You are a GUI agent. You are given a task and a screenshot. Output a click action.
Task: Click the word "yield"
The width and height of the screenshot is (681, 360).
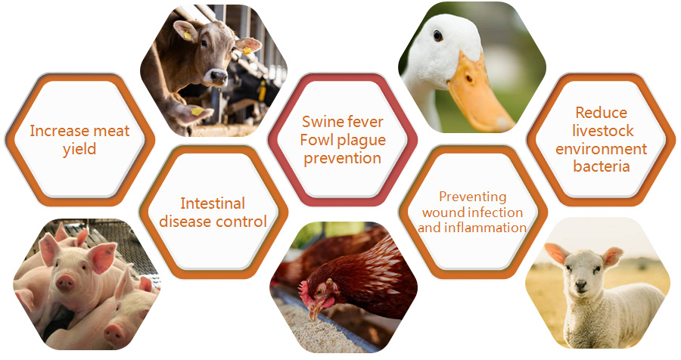[x=79, y=150]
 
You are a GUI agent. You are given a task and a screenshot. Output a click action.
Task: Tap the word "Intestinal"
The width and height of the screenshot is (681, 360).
[x=213, y=203]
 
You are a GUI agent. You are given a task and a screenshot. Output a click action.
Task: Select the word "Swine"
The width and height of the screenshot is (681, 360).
[x=322, y=122]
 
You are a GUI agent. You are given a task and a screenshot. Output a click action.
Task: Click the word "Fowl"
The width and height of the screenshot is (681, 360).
[x=316, y=140]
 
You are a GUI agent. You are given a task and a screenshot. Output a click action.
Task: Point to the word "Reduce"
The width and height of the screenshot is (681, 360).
[x=601, y=113]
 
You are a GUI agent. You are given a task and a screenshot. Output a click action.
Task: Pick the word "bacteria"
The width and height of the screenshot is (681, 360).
[x=601, y=166]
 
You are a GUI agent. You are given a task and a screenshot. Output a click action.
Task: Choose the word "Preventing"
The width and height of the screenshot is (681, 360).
[x=472, y=197]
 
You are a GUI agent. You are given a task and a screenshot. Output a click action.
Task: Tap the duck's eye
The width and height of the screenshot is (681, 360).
[x=438, y=36]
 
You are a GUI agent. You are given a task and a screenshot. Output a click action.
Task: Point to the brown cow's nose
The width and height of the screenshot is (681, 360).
[x=219, y=78]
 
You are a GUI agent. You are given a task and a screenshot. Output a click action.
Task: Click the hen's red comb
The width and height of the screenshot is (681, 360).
[x=304, y=291]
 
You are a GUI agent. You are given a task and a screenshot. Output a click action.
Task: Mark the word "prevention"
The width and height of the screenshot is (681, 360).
[x=342, y=159]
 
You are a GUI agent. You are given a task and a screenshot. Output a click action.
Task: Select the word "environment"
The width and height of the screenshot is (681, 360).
[x=601, y=148]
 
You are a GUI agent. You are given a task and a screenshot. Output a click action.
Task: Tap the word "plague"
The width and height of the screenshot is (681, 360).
[x=362, y=141]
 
